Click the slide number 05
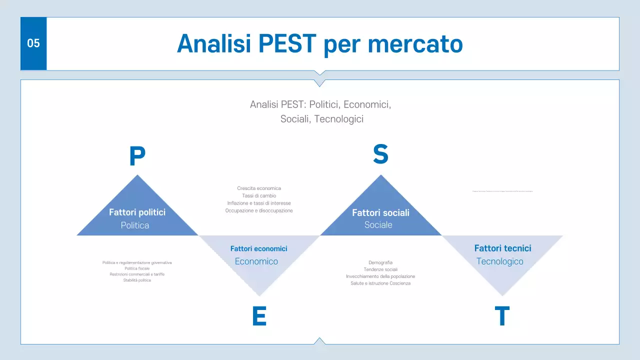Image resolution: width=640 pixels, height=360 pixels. [33, 43]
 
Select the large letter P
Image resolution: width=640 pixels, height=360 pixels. [137, 157]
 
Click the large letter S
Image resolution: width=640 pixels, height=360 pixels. [380, 154]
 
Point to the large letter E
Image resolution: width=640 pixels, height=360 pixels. [259, 316]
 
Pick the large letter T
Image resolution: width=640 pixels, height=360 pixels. [502, 316]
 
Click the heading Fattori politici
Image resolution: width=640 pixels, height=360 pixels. [137, 212]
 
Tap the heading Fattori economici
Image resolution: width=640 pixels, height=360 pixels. [258, 248]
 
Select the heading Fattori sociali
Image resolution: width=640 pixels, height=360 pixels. [380, 212]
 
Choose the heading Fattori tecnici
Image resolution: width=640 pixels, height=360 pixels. [502, 248]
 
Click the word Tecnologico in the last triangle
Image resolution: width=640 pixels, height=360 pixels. [499, 261]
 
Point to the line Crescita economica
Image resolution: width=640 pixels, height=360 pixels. [259, 188]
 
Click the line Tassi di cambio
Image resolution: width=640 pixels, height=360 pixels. [259, 196]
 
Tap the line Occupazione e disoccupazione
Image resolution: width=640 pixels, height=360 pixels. [259, 211]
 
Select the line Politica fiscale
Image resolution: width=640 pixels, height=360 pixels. [137, 268]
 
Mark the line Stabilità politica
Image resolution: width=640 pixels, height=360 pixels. [137, 280]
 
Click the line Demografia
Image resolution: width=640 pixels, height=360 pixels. [380, 262]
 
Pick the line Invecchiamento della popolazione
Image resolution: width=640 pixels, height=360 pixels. [380, 276]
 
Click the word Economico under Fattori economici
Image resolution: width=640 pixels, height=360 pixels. [256, 261]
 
